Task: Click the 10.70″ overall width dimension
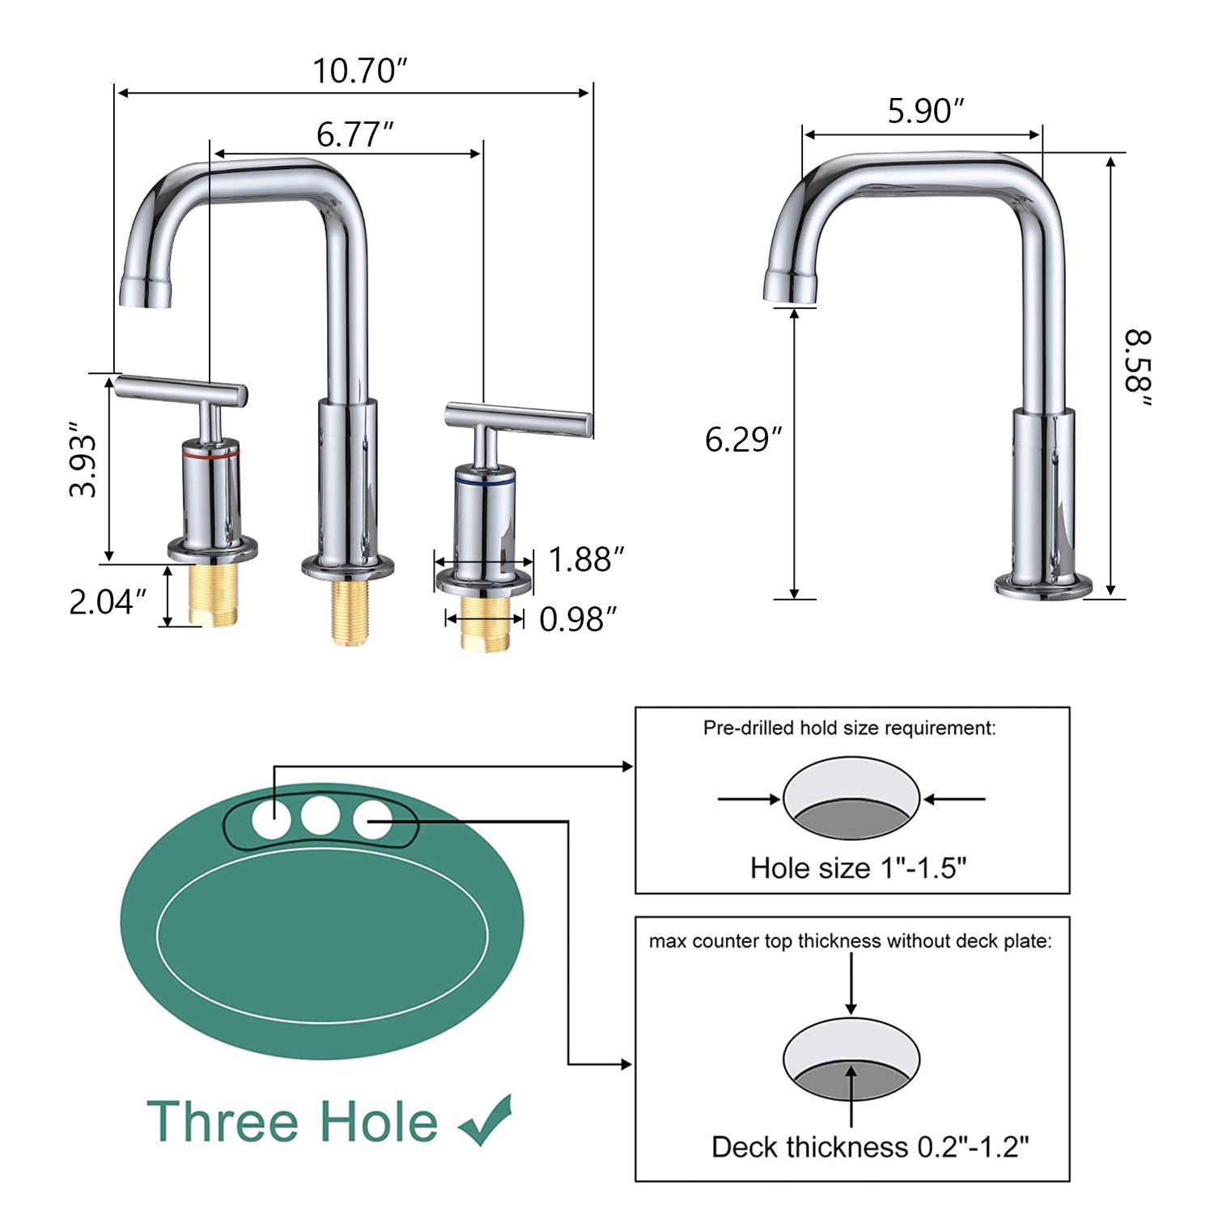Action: (359, 70)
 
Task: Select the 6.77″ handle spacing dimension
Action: (354, 134)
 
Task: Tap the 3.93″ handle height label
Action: (83, 459)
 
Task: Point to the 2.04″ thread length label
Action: (108, 602)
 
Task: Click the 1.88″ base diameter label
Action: (586, 559)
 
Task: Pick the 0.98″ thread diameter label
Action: (578, 620)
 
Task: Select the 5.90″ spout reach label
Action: (926, 111)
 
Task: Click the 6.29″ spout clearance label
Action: (743, 439)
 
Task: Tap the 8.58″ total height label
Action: (1137, 369)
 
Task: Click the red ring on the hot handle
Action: (210, 456)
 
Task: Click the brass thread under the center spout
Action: (350, 611)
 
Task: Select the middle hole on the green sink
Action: (320, 816)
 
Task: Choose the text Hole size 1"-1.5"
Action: (858, 868)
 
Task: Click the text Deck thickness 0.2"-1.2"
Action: (870, 1147)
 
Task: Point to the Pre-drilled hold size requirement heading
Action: (849, 728)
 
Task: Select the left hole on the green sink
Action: (271, 819)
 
